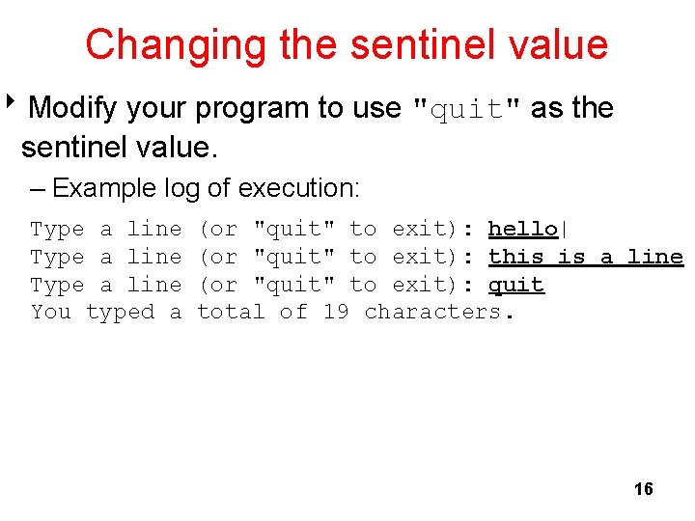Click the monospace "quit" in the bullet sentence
(467, 109)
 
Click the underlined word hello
(522, 229)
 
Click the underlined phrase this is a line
(585, 257)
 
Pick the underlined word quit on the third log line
(515, 285)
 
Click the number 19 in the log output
(335, 312)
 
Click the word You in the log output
(51, 312)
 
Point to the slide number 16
(643, 489)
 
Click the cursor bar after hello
(564, 229)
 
